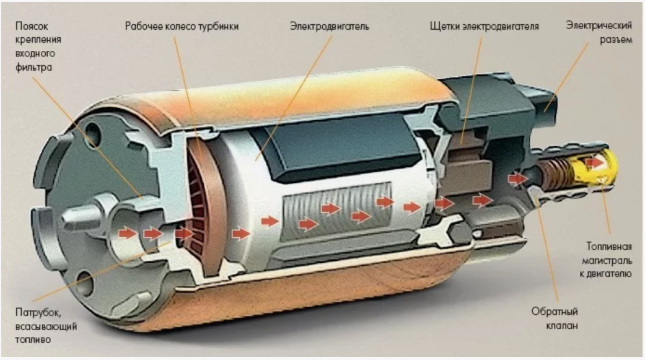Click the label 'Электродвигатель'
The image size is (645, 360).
coord(330,26)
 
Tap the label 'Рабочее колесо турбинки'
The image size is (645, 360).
coord(182,26)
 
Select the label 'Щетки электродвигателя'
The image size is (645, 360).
coord(484,26)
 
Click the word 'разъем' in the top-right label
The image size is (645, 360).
coord(616,40)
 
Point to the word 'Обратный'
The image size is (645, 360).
coord(555,312)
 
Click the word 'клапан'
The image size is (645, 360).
coord(562,325)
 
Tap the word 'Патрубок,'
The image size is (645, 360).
coord(38,313)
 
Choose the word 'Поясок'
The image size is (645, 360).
coord(32,26)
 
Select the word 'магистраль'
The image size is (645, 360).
coord(607,261)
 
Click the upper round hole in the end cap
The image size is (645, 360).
coord(93,133)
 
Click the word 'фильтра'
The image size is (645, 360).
coord(33,68)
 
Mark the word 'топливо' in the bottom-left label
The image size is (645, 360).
coord(33,340)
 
